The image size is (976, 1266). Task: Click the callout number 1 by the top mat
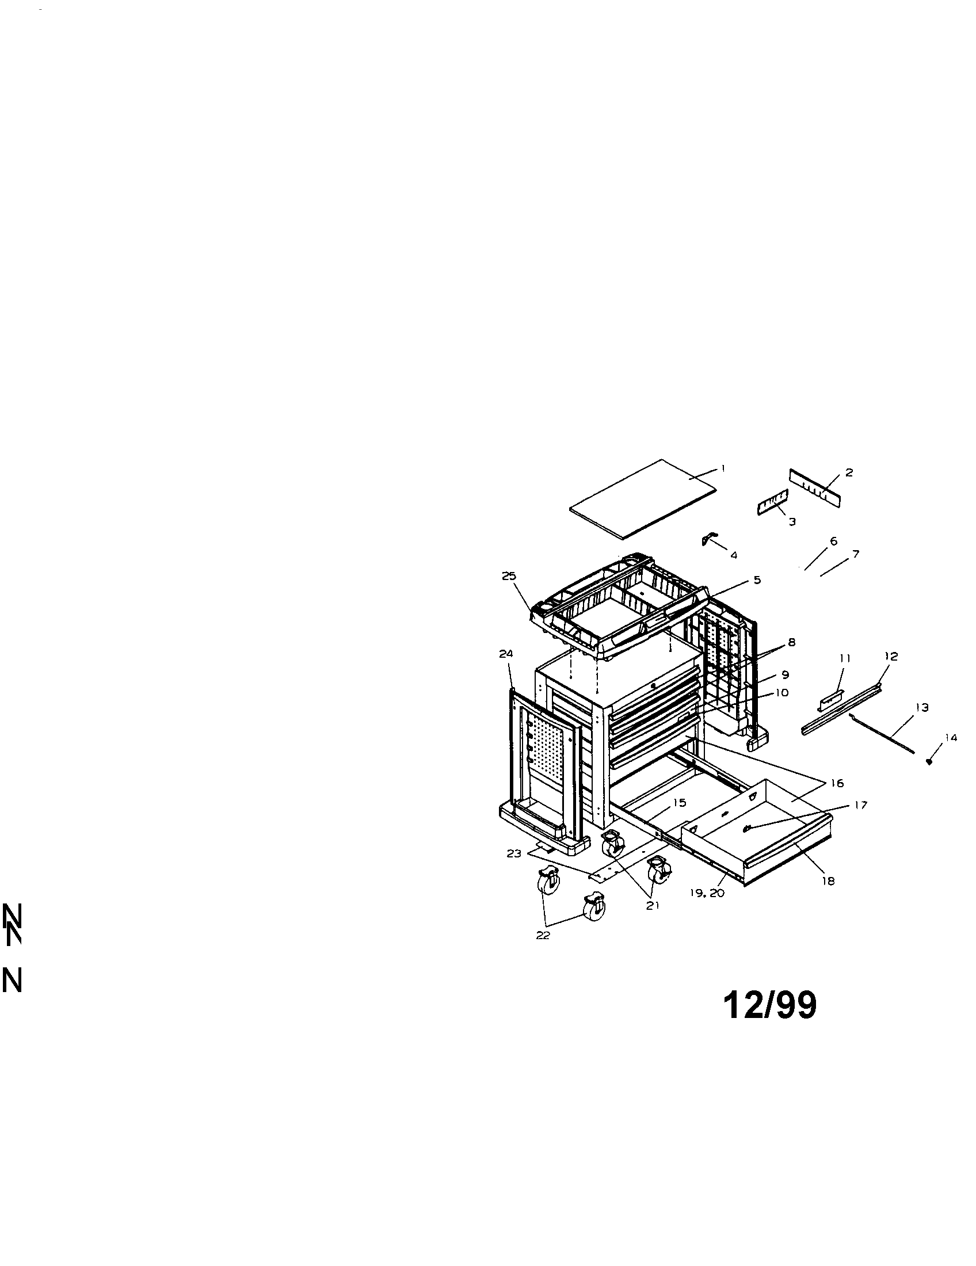tap(723, 467)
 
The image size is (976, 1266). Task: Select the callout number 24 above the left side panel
tap(506, 654)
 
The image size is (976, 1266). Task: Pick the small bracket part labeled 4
tap(709, 539)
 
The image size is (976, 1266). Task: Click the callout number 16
tap(836, 784)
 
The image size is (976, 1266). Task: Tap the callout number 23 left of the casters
tap(513, 853)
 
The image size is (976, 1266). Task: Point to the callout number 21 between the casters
tap(653, 905)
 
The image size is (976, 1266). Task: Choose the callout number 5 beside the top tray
tap(757, 579)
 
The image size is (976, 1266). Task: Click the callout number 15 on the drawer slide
tap(679, 802)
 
